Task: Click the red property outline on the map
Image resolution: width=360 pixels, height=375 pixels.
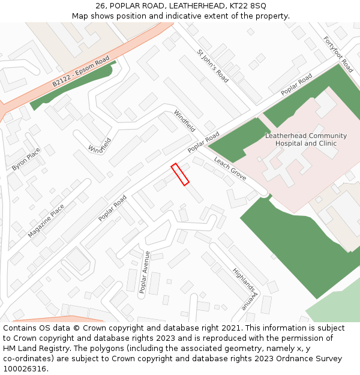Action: [180, 174]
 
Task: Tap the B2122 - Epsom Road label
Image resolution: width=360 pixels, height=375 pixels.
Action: [80, 72]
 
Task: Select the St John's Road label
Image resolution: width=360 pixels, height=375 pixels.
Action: [212, 66]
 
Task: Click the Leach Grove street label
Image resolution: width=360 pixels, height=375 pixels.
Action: [230, 172]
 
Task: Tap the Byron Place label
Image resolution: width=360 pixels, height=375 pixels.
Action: [26, 159]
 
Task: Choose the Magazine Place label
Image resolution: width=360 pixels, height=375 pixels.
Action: [46, 221]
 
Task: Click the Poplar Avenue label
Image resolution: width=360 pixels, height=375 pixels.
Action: [144, 272]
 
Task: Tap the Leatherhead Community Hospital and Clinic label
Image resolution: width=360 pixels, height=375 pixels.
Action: [306, 140]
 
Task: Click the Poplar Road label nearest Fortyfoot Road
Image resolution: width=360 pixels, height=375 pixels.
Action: [296, 85]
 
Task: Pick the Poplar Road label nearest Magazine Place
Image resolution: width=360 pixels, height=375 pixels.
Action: [113, 208]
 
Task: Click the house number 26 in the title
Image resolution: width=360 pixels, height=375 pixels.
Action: [100, 6]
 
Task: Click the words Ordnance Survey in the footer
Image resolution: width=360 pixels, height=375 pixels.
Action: [314, 359]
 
